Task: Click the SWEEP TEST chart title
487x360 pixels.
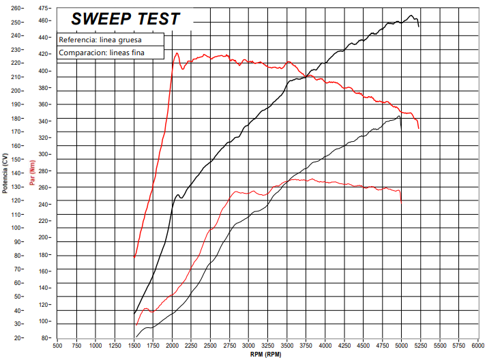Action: click(126, 19)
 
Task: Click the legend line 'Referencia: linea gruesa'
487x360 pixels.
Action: click(100, 40)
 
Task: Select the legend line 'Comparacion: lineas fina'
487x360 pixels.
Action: click(102, 52)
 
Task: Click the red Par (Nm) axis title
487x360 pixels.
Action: click(32, 173)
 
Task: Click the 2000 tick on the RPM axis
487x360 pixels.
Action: click(173, 346)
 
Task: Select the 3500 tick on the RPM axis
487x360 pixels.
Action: click(288, 346)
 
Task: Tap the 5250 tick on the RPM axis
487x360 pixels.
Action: click(422, 346)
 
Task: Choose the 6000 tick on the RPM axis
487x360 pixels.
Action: click(479, 346)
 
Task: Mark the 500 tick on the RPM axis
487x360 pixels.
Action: click(58, 346)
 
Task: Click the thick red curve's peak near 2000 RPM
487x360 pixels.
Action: click(177, 53)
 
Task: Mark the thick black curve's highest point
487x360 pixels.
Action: click(411, 16)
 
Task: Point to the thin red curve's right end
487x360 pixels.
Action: click(401, 201)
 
